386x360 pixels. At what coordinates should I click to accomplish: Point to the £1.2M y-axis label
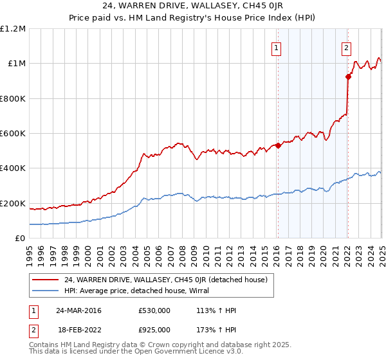[x=13, y=29]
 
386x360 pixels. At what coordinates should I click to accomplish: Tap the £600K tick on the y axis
[x=13, y=134]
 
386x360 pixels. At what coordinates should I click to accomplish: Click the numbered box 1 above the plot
[x=276, y=47]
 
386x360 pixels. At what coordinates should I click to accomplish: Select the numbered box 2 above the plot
[x=346, y=47]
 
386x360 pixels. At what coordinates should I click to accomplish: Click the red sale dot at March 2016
[x=278, y=145]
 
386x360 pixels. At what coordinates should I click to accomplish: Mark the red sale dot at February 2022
[x=348, y=76]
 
